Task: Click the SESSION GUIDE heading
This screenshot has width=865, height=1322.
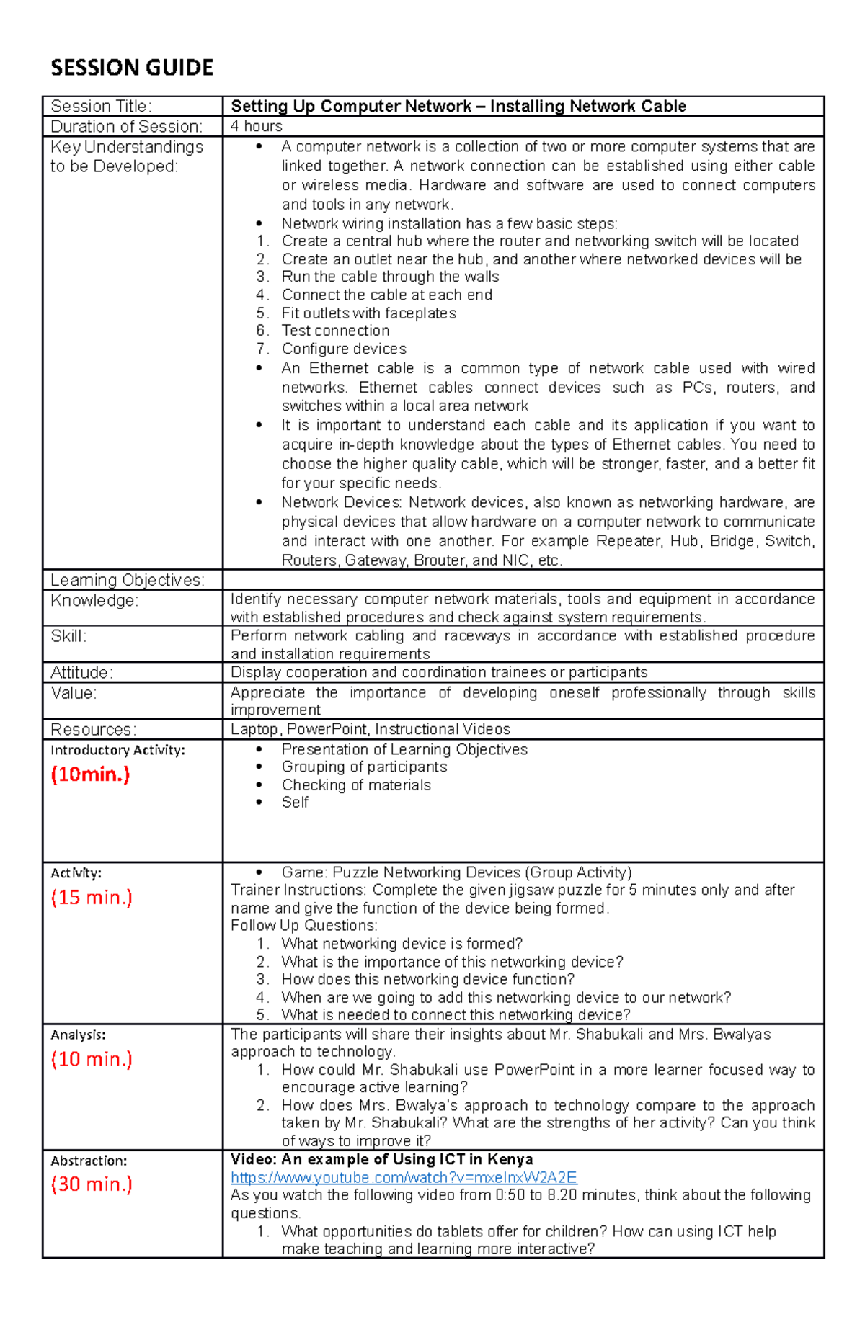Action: (132, 68)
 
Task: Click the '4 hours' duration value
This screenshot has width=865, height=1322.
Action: (257, 126)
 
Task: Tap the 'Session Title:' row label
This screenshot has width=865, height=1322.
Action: (101, 106)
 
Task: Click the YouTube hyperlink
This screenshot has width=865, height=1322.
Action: (404, 1177)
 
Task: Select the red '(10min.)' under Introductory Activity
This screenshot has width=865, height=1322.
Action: (90, 774)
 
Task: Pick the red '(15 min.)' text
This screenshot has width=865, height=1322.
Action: (92, 898)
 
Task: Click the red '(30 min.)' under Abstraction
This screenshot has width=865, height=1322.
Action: (92, 1184)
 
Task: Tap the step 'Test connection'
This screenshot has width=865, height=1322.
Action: (335, 331)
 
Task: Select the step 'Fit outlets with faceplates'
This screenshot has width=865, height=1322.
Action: (368, 313)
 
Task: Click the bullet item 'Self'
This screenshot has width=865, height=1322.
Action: (295, 803)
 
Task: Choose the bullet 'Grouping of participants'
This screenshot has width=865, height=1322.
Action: (364, 767)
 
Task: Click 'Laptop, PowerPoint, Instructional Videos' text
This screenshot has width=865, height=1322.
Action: (371, 729)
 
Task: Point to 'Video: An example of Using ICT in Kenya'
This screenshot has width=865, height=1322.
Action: (381, 1159)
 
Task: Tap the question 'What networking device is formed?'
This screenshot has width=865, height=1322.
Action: (402, 944)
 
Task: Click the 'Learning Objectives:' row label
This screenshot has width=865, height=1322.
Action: (128, 580)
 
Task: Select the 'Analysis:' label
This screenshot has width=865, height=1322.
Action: (78, 1035)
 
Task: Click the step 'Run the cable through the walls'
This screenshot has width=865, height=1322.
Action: (390, 277)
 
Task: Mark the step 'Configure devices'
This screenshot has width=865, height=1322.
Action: (344, 349)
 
